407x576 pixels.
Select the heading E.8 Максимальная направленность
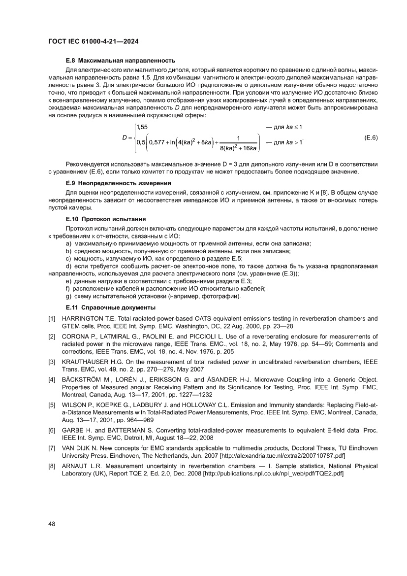[x=121, y=61]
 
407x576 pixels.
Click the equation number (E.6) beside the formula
[x=371, y=137]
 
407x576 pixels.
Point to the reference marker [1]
[x=52, y=318]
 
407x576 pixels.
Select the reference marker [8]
[x=52, y=466]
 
